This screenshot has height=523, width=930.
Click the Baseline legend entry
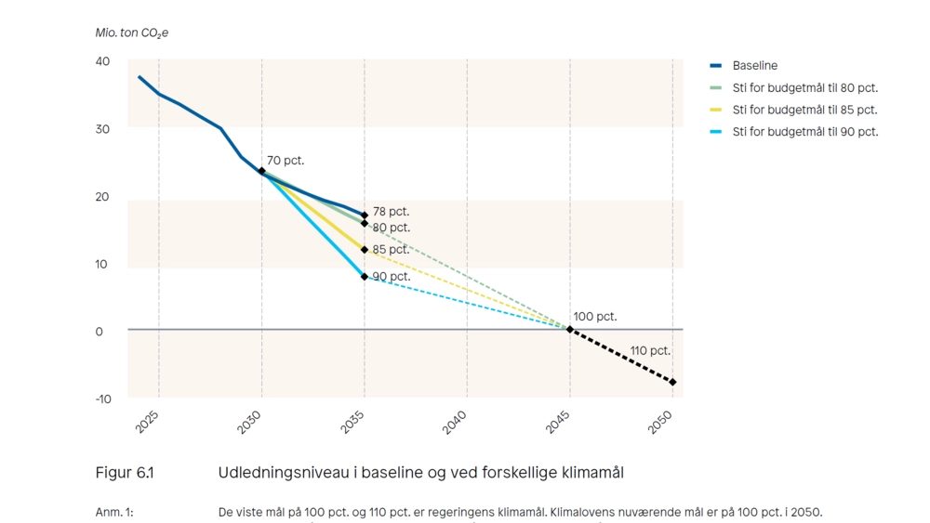point(754,66)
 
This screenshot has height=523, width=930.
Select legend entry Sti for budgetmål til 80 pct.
point(804,88)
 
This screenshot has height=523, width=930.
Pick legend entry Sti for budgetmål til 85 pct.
point(804,110)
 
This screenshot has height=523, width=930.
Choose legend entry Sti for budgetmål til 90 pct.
point(804,132)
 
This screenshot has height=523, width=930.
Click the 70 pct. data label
point(286,161)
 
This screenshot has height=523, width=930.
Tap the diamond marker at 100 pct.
point(570,329)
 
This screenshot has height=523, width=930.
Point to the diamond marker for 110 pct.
point(673,382)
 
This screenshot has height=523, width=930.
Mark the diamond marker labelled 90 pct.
point(365,276)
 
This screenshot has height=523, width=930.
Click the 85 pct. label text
point(391,250)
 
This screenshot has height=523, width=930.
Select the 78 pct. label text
point(391,212)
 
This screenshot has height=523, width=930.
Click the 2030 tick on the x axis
point(249,423)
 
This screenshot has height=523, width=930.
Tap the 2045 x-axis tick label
point(558,423)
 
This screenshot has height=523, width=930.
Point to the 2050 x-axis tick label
point(660,423)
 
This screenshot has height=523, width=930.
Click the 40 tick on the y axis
point(101,61)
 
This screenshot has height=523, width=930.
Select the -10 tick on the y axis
point(101,399)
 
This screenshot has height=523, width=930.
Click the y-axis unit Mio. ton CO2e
point(132,33)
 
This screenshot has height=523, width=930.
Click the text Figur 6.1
point(125,473)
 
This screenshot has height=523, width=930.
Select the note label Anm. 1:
point(114,512)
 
